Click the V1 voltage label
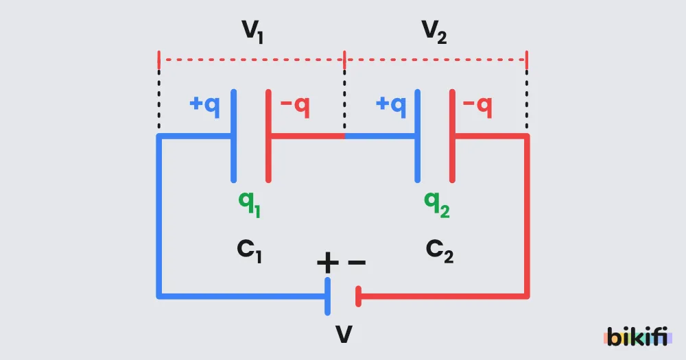click(x=253, y=32)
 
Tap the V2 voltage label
click(x=434, y=32)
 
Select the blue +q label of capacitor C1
click(x=204, y=106)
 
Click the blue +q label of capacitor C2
click(x=391, y=106)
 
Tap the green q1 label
click(x=250, y=204)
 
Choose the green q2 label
click(x=437, y=204)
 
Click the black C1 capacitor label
click(x=250, y=251)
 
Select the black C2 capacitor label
click(x=440, y=251)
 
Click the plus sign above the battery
click(x=328, y=263)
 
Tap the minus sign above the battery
click(x=357, y=263)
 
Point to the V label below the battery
click(x=344, y=335)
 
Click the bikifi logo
click(x=637, y=336)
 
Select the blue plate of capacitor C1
click(x=234, y=136)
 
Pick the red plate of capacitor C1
click(x=269, y=136)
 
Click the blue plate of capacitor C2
click(x=417, y=136)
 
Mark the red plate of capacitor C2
click(x=452, y=136)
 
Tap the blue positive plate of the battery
click(x=328, y=297)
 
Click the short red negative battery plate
click(x=358, y=297)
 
